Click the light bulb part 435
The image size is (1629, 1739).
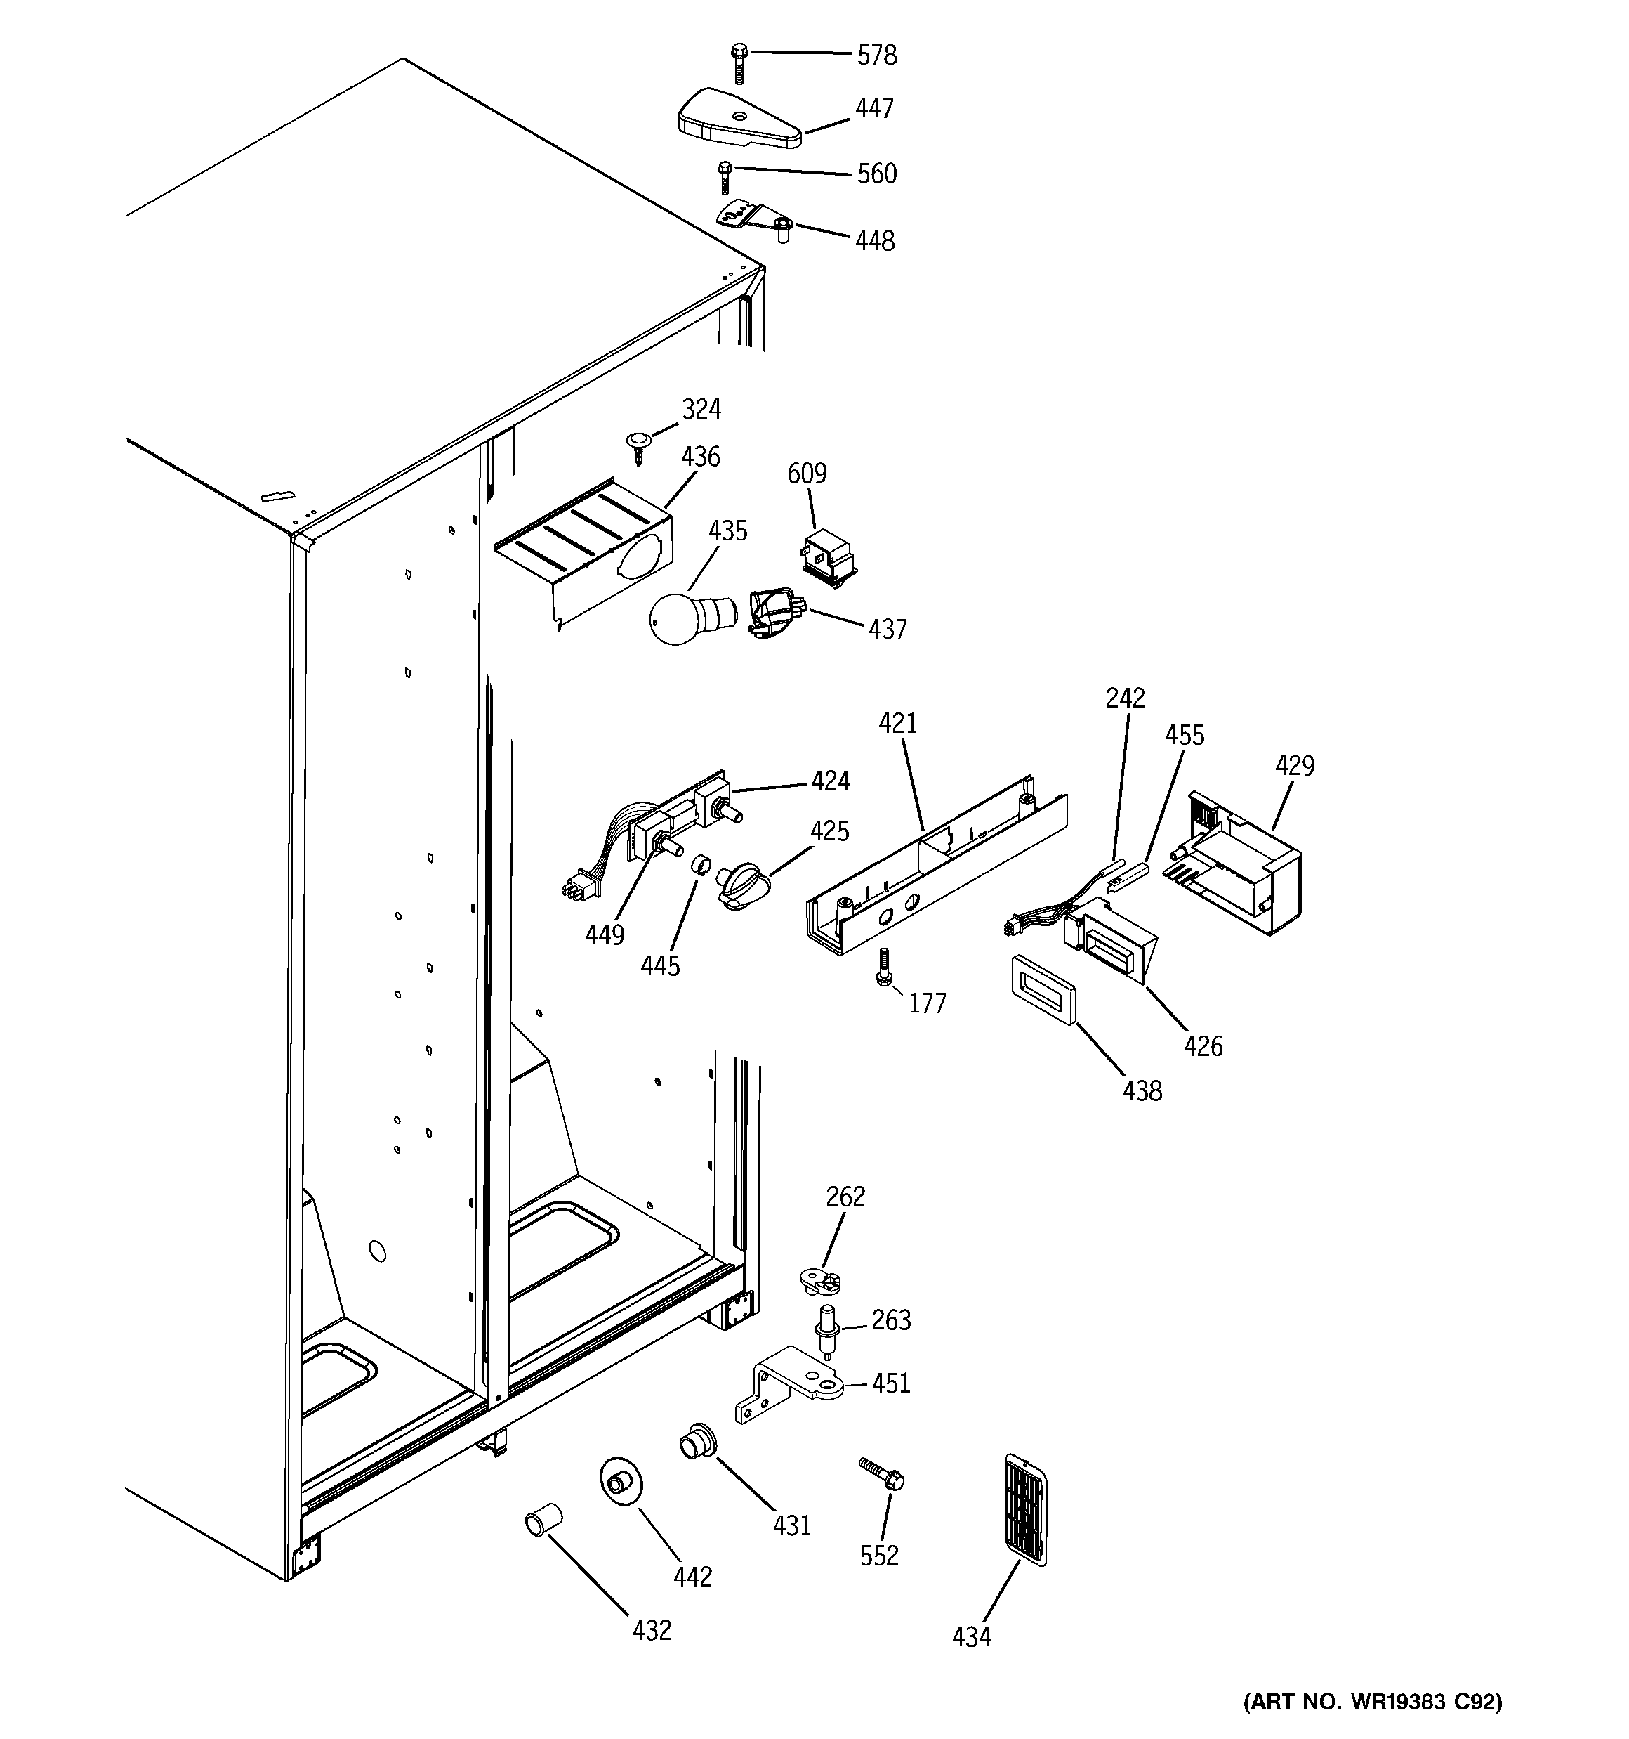tap(678, 618)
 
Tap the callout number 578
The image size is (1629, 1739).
tap(876, 55)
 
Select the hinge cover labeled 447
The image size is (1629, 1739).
tap(738, 119)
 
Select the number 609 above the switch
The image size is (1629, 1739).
tap(806, 474)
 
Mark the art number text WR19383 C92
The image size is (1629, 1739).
tap(1372, 1700)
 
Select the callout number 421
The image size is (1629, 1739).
tap(897, 724)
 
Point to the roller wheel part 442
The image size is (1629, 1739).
tap(619, 1482)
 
